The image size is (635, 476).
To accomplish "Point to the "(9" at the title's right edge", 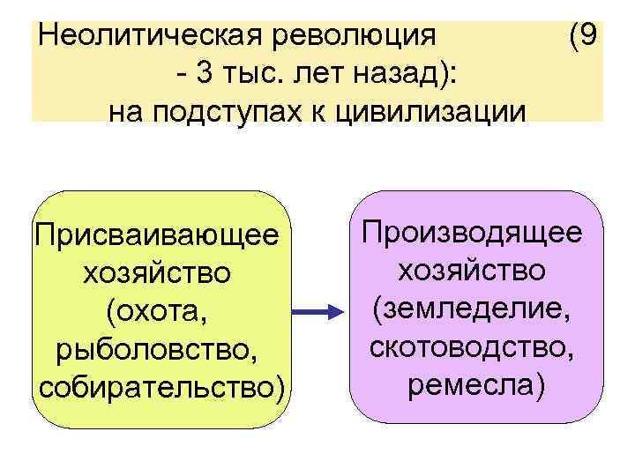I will point(585,36).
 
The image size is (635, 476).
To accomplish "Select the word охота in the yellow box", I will point(156,313).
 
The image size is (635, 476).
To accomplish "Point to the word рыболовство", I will point(156,351).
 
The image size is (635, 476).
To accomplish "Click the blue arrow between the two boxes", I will point(315,312).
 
